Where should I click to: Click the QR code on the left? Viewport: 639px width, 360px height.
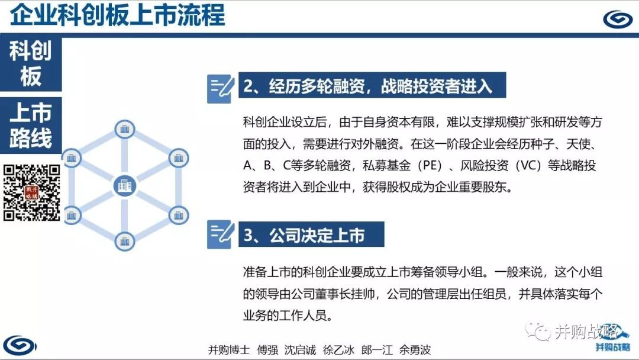click(x=32, y=192)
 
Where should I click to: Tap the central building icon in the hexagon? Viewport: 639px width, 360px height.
click(x=125, y=187)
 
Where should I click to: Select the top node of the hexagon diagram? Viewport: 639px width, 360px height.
click(x=125, y=130)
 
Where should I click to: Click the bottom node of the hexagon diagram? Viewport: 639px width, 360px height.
click(x=125, y=242)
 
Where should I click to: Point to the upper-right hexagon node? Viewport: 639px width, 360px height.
click(x=179, y=157)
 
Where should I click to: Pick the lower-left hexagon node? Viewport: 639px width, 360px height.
click(x=72, y=215)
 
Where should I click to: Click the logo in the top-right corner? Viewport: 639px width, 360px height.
click(x=617, y=19)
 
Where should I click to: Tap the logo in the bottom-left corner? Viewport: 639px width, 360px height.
click(x=20, y=346)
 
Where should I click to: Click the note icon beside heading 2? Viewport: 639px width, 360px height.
click(x=221, y=88)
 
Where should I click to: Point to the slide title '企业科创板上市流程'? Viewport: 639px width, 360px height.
click(x=117, y=15)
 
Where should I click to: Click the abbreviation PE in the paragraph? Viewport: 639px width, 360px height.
click(x=430, y=166)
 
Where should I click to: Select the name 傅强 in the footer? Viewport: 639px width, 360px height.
click(x=267, y=350)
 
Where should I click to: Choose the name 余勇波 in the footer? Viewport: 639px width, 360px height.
click(x=415, y=350)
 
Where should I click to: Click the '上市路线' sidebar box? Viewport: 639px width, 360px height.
click(x=31, y=126)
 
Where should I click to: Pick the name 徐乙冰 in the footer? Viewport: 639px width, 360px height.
click(x=338, y=350)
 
